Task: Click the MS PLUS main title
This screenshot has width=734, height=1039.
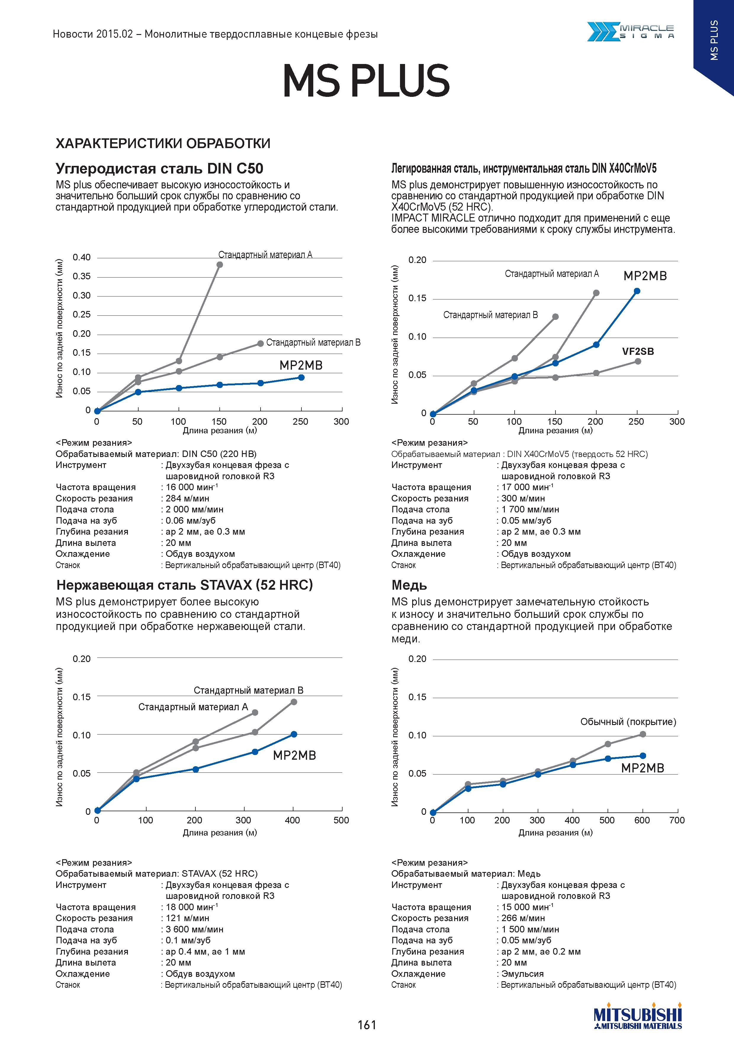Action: coord(366,81)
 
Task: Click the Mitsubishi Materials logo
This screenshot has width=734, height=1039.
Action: coord(638,1018)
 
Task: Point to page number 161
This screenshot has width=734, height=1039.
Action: coord(367,1024)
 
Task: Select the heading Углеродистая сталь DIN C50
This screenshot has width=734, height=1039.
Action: coord(159,169)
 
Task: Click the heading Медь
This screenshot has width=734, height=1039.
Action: coord(409,585)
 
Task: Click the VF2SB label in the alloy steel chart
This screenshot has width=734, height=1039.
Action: coord(638,351)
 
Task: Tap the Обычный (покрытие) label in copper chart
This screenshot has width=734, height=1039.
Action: coord(628,722)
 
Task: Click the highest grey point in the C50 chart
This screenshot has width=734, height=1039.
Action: coord(220,265)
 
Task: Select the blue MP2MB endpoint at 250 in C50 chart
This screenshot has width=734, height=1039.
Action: coord(301,377)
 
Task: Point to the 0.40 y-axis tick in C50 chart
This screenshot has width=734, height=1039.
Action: coord(82,257)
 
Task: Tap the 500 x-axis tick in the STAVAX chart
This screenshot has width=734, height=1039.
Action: coord(341,820)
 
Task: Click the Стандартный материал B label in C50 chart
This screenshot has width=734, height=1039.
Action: coord(314,343)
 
